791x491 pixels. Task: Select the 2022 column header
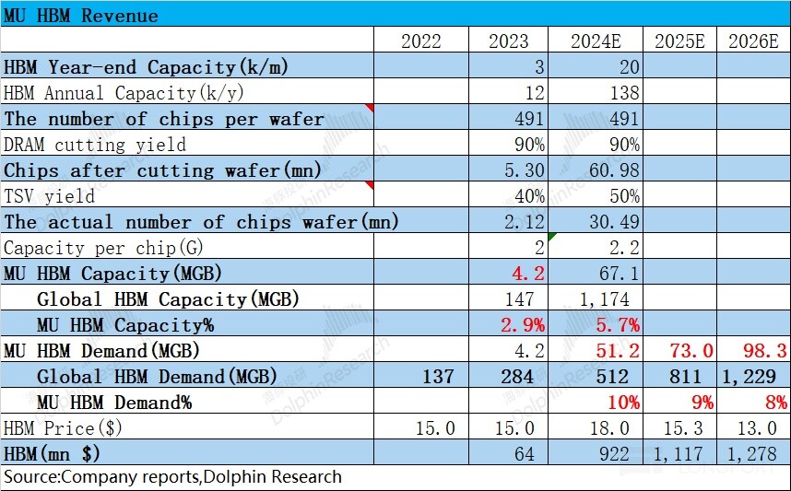[x=420, y=41]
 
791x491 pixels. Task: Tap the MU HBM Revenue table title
[x=81, y=16]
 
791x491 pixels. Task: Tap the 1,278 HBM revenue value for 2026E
[x=757, y=454]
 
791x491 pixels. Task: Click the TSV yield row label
[x=50, y=196]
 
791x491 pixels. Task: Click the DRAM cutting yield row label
[x=95, y=145]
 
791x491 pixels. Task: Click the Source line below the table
[x=173, y=477]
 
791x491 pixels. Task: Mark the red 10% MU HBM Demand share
[x=620, y=403]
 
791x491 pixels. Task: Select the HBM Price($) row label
[x=64, y=428]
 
